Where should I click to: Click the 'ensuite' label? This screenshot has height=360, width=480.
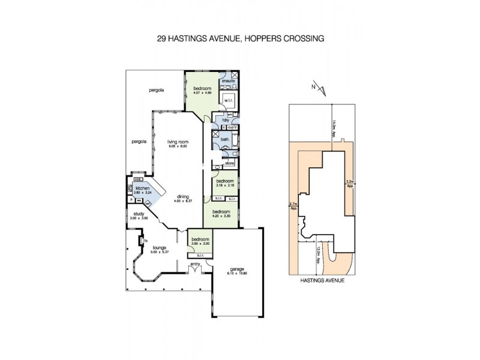[x=228, y=80]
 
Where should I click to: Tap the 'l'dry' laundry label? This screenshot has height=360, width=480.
[x=227, y=120]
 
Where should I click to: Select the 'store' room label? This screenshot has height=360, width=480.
[x=229, y=163]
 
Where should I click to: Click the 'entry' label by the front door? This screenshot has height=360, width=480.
[x=195, y=264]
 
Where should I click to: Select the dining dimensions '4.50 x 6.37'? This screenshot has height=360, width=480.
[x=185, y=202]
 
